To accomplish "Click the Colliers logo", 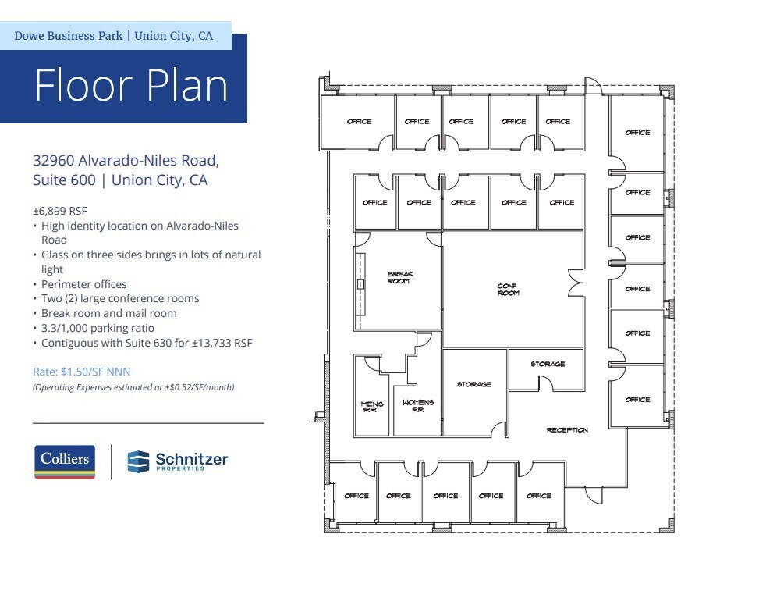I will pyautogui.click(x=65, y=461).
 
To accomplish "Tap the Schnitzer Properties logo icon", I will pyautogui.click(x=139, y=461).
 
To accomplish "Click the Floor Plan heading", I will pyautogui.click(x=131, y=86).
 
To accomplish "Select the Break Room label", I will pyautogui.click(x=400, y=277).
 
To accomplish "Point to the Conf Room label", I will pyautogui.click(x=508, y=289).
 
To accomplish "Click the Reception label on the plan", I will pyautogui.click(x=567, y=430).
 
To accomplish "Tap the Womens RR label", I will pyautogui.click(x=417, y=406).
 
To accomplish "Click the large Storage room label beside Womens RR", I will pyautogui.click(x=473, y=384).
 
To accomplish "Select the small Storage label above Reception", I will pyautogui.click(x=548, y=364).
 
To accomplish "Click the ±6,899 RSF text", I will pyautogui.click(x=60, y=210).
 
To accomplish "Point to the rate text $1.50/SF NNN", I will pyautogui.click(x=81, y=372).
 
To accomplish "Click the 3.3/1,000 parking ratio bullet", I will pyautogui.click(x=98, y=328).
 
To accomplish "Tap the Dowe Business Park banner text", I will pyautogui.click(x=114, y=36).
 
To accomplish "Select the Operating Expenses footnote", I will pyautogui.click(x=133, y=387).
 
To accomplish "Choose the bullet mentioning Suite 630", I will pyautogui.click(x=147, y=343).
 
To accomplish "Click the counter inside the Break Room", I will pyautogui.click(x=361, y=282).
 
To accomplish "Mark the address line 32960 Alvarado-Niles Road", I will pyautogui.click(x=126, y=161).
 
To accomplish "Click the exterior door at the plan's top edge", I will pyautogui.click(x=594, y=86).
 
